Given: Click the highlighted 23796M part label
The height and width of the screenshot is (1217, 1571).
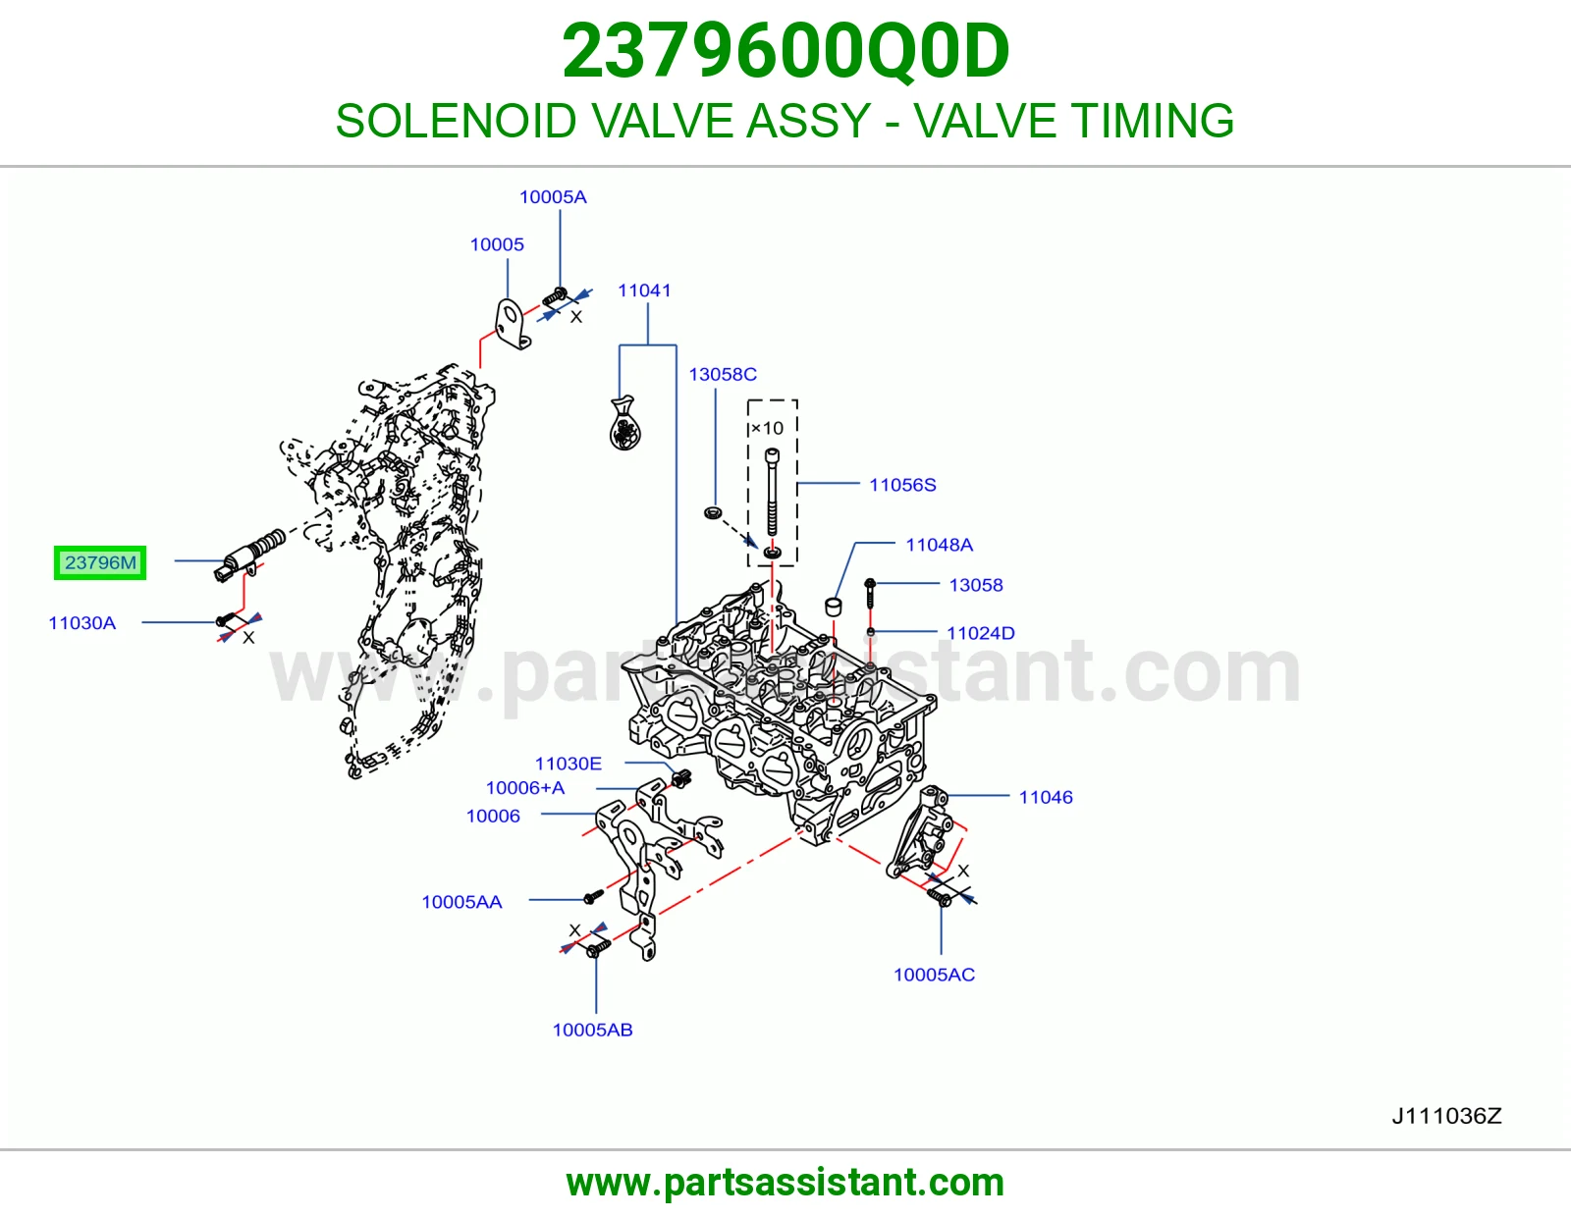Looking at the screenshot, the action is click(x=100, y=563).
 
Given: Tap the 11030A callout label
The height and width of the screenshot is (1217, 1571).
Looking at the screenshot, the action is click(x=81, y=623).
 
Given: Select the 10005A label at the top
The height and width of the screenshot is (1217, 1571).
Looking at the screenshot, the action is click(x=553, y=196).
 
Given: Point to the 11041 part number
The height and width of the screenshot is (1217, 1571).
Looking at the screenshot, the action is click(x=644, y=291).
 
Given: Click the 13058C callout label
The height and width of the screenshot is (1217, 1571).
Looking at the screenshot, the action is click(x=723, y=374).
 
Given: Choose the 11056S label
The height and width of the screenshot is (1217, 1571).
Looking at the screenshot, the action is click(x=902, y=485).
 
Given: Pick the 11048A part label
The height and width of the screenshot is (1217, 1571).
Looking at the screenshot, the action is click(x=939, y=545).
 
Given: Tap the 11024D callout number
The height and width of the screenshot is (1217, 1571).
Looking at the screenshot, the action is click(x=980, y=633).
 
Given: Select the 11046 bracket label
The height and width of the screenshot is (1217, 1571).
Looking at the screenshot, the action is click(x=1046, y=797).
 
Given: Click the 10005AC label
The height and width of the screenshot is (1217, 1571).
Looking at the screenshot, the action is click(x=934, y=975).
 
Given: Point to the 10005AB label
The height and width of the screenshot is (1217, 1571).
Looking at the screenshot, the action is click(x=592, y=1030).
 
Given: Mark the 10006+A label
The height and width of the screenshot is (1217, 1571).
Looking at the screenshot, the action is click(x=525, y=788).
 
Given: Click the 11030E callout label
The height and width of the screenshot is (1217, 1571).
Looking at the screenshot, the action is click(x=569, y=764).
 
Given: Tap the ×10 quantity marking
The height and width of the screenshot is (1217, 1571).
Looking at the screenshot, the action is click(x=767, y=429).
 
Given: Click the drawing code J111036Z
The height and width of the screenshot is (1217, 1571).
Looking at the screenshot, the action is click(x=1446, y=1117).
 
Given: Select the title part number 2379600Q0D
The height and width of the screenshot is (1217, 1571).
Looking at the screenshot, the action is click(x=785, y=51).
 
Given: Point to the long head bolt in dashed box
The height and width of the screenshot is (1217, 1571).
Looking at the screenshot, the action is click(x=772, y=492).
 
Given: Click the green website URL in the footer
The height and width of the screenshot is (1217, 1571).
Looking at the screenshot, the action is click(x=785, y=1183).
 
